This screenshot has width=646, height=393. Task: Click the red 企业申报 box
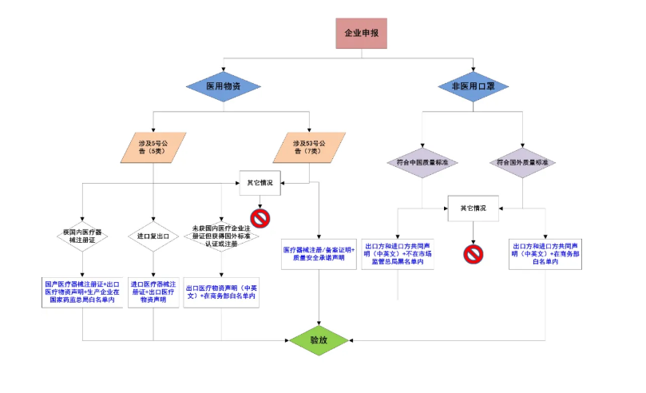click(361, 34)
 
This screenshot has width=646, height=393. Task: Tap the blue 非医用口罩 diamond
click(474, 85)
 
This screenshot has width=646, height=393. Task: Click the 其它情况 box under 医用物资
click(260, 182)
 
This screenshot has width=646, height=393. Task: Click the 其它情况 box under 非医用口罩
click(473, 208)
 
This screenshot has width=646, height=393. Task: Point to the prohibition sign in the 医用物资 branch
click(259, 217)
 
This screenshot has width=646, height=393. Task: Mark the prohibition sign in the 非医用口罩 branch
click(474, 254)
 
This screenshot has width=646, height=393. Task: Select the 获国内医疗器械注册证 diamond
click(82, 236)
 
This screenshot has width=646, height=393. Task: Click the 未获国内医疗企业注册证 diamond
click(221, 236)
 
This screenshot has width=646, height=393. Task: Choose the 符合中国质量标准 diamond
click(422, 162)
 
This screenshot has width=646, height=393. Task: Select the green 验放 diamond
click(319, 340)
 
